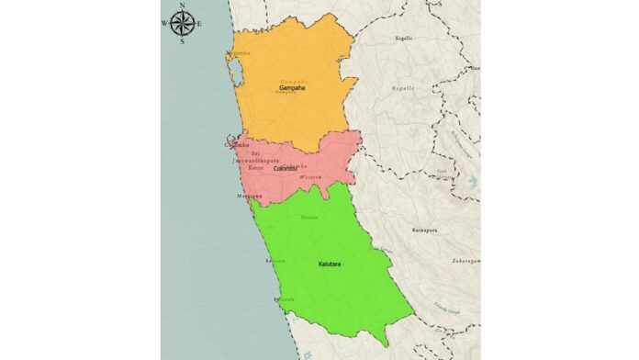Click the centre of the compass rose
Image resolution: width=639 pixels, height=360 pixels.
coord(183,23)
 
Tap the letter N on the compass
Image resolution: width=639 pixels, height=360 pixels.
coord(183,6)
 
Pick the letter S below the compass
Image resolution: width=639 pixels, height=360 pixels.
coord(183,41)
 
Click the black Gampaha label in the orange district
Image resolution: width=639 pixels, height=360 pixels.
coord(292,88)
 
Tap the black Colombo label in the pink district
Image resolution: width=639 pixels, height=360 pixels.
coord(288,169)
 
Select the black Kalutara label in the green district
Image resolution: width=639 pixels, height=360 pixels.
coord(331,264)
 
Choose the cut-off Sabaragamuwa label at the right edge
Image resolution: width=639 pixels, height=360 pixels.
coord(465,260)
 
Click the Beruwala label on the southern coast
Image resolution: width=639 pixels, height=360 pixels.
coord(283,299)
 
